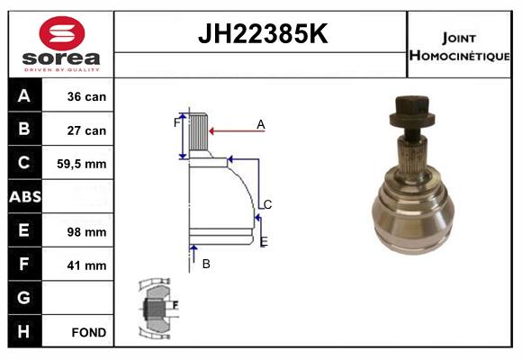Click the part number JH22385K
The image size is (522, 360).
(261, 34)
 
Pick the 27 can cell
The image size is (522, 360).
(87, 130)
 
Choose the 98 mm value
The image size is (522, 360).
(87, 231)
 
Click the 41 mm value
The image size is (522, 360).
(87, 265)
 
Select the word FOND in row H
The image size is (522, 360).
(87, 332)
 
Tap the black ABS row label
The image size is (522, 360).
(24, 197)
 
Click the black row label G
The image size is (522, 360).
(24, 298)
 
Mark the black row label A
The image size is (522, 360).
(24, 96)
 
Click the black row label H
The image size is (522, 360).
(24, 331)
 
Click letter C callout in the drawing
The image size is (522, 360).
(267, 204)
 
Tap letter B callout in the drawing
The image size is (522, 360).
(205, 264)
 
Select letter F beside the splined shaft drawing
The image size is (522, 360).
(176, 121)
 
